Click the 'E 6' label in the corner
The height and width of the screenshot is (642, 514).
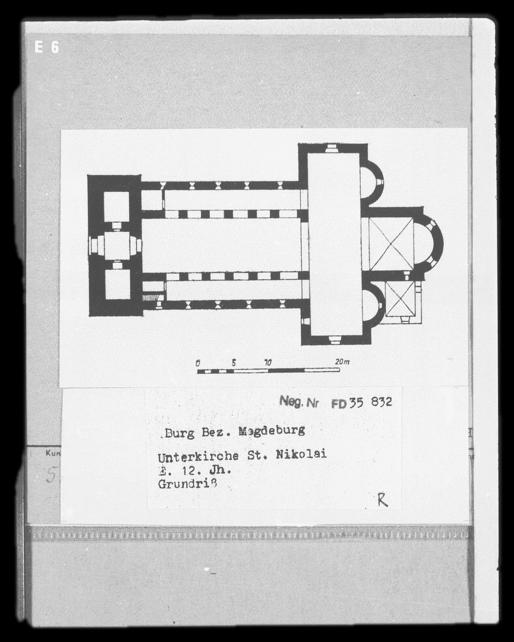(47, 47)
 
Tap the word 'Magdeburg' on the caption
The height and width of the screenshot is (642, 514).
(271, 431)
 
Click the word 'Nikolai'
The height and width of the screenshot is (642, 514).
(301, 455)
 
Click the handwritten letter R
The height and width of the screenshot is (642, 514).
(382, 500)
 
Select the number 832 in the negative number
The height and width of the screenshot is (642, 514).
(381, 402)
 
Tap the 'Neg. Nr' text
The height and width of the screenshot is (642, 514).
(298, 402)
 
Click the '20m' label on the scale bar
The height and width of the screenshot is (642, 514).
(342, 362)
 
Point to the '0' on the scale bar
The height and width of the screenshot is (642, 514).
(198, 362)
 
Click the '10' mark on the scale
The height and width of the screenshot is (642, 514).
(267, 362)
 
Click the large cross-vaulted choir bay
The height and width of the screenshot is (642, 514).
(391, 244)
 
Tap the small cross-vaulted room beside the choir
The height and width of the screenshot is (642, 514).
(400, 299)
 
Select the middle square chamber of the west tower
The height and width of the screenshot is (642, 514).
(117, 245)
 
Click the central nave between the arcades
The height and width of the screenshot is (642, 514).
(222, 245)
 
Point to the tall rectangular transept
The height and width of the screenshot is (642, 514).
(335, 243)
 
